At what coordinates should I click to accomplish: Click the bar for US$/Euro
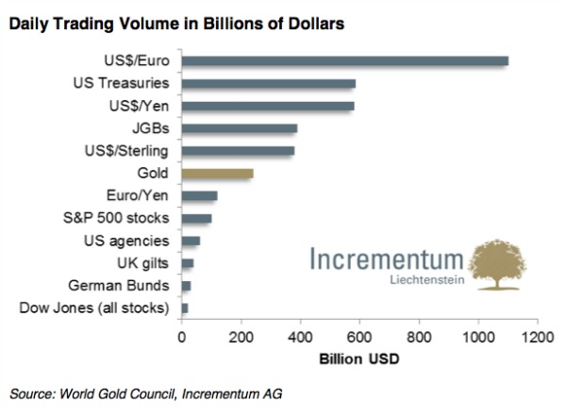click(344, 61)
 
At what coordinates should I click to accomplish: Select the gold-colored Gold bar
click(217, 174)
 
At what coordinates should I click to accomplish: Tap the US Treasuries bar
click(268, 84)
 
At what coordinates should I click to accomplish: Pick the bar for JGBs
click(239, 128)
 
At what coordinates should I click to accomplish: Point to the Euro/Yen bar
click(199, 196)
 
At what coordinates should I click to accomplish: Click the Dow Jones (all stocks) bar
click(185, 309)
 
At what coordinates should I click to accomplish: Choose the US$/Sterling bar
click(238, 151)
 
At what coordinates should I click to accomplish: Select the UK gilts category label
click(142, 263)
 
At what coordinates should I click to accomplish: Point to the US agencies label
click(128, 241)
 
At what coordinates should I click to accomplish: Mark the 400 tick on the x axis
click(300, 335)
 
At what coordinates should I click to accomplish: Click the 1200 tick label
click(538, 335)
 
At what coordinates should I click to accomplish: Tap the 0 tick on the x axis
click(181, 335)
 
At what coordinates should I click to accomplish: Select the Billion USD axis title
click(359, 359)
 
